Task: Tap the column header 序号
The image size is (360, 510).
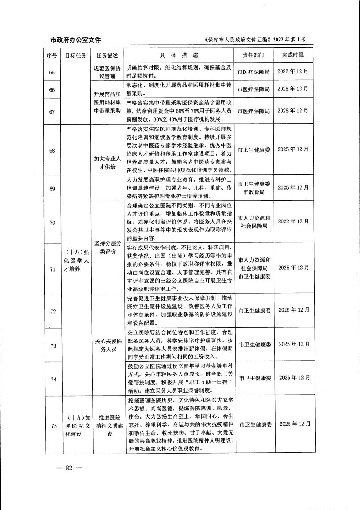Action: [x=52, y=56]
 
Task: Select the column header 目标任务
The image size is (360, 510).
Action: [x=75, y=56]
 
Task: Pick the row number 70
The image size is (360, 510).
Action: [x=52, y=223]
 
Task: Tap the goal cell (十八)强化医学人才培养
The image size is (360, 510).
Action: [x=75, y=261]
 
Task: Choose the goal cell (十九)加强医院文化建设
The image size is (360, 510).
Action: [x=75, y=425]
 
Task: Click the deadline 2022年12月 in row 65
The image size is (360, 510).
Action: [x=293, y=71]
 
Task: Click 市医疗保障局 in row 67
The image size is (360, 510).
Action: [x=253, y=111]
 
